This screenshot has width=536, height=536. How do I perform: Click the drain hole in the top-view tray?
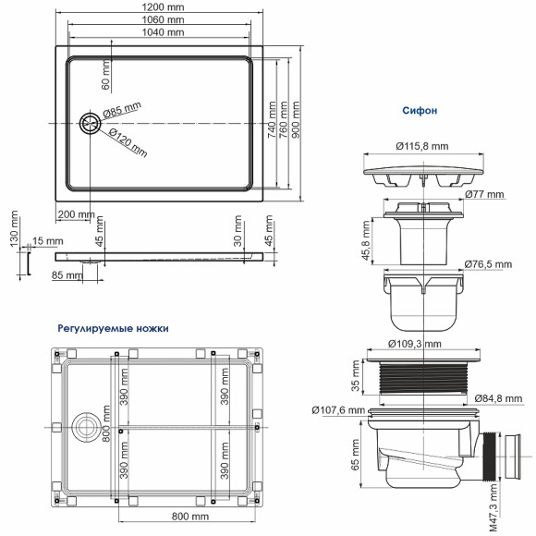pyautogui.click(x=91, y=124)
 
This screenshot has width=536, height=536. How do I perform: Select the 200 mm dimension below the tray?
pyautogui.click(x=75, y=213)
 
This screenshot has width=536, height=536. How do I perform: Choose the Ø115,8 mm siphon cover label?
pyautogui.click(x=422, y=146)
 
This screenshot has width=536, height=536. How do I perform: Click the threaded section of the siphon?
pyautogui.click(x=421, y=381)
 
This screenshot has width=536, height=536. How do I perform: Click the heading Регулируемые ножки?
pyautogui.click(x=113, y=326)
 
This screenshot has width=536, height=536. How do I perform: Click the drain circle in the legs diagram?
pyautogui.click(x=88, y=427)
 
